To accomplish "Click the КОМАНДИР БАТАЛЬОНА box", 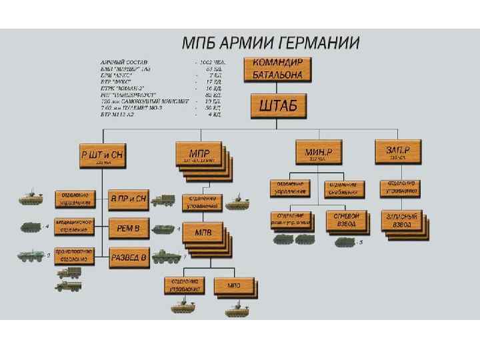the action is click(x=277, y=69).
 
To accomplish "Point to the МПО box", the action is click(x=233, y=285).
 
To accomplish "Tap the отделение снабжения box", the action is click(x=345, y=189).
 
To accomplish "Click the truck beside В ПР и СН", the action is click(x=163, y=199).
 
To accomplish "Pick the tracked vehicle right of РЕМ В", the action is click(x=164, y=229).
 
